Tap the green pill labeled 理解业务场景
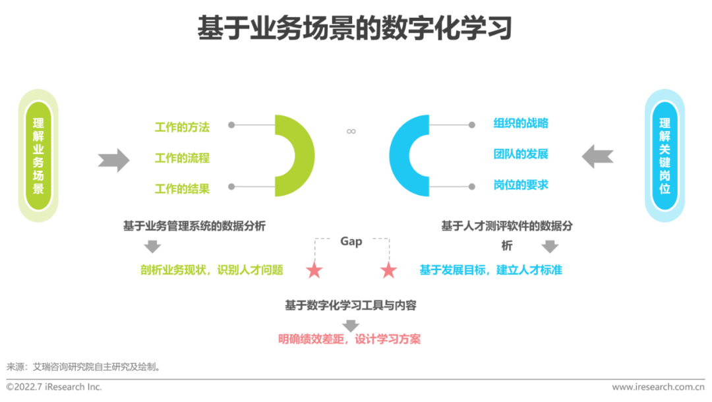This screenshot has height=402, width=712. pos(38,156)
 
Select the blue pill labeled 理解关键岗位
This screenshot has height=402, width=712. pos(664,156)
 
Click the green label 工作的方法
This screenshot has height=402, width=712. pos(182,127)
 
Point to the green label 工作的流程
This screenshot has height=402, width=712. pos(182,158)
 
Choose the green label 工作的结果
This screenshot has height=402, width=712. pos(182,189)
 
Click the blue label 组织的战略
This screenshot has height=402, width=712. pos(521,123)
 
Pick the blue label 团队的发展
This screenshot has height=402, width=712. pos(521,154)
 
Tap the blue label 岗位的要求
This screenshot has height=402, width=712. pos(521,185)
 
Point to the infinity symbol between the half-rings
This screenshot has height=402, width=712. pos(351,131)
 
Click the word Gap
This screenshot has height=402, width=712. pos(351,241)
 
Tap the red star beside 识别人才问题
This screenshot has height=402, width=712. pos(314,270)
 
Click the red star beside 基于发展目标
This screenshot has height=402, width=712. pos(388,270)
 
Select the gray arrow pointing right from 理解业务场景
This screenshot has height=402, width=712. pos(113,159)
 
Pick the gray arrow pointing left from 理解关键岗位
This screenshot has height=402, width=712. pos(597,156)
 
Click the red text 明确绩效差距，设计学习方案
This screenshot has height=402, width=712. pos(349,340)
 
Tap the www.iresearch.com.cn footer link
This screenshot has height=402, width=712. pos(658,387)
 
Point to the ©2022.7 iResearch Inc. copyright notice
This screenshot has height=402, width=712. pos(54,387)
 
